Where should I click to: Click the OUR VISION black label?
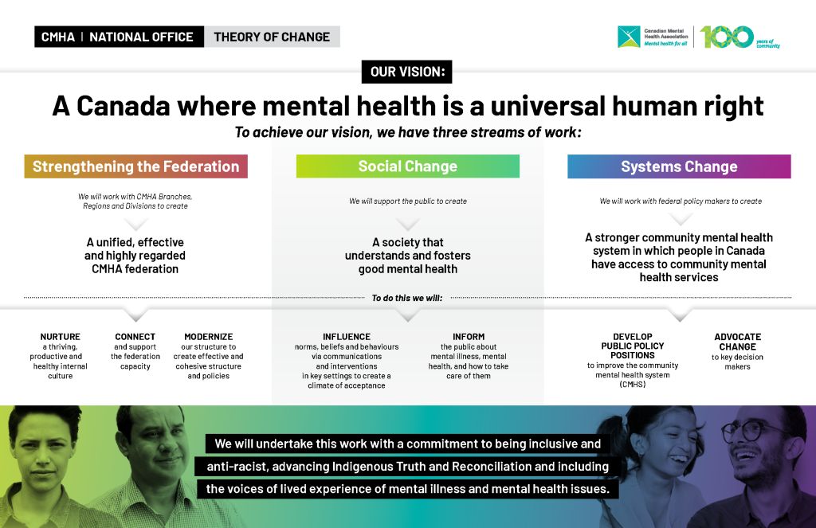406,72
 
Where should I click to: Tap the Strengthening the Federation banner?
135,166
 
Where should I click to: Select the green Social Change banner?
407,166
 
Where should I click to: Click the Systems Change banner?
679,166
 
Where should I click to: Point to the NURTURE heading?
61,337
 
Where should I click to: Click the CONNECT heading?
135,337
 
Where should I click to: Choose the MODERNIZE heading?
209,337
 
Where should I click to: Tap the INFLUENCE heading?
347,337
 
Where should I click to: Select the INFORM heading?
469,337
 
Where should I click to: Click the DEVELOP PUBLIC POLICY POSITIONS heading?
632,346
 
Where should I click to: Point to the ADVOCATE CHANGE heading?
737,342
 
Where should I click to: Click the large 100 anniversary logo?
727,37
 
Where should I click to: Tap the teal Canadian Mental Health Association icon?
629,37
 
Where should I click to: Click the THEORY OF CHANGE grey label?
272,37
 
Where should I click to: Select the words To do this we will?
407,298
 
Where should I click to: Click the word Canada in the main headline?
124,106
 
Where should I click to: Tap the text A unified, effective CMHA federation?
135,256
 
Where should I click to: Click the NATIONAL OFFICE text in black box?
141,37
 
